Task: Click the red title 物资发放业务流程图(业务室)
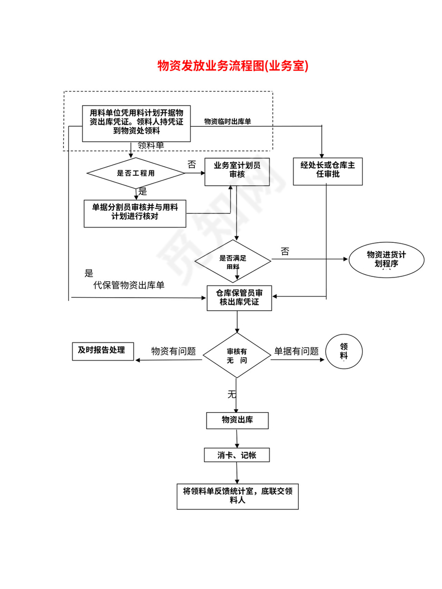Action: [233, 66]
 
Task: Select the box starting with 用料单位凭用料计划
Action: [136, 123]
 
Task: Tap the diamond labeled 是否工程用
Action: [136, 173]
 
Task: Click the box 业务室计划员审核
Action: [237, 170]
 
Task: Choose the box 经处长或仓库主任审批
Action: [328, 170]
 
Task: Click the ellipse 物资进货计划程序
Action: [387, 259]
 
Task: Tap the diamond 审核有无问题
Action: [237, 356]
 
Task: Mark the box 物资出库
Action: [237, 420]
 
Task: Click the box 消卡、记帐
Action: [237, 455]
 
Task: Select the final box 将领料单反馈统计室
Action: [237, 496]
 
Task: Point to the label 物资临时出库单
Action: [227, 121]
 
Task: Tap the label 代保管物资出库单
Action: [129, 285]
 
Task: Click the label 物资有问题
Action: [174, 351]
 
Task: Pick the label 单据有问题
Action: [296, 351]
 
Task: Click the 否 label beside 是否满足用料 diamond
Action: [285, 251]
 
